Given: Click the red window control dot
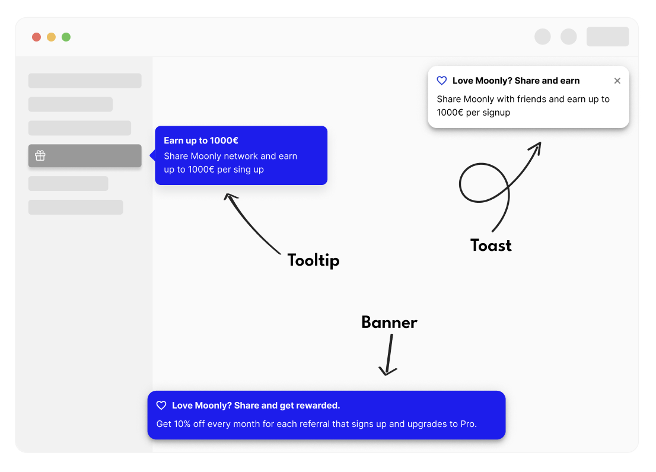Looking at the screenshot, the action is pyautogui.click(x=36, y=37).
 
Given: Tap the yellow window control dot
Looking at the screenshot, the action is pyautogui.click(x=51, y=37).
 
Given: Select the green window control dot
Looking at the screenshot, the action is pyautogui.click(x=66, y=37).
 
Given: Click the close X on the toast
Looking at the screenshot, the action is pyautogui.click(x=617, y=81).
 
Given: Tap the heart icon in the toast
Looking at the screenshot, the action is pyautogui.click(x=442, y=80).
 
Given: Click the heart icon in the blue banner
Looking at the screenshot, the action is pyautogui.click(x=161, y=405).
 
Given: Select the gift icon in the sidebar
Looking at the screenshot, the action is pyautogui.click(x=40, y=155).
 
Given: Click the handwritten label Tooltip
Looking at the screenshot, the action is pyautogui.click(x=313, y=260).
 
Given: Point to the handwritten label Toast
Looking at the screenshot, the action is pyautogui.click(x=491, y=245).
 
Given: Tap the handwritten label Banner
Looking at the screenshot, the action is pyautogui.click(x=389, y=323).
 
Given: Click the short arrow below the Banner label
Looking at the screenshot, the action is pyautogui.click(x=389, y=355).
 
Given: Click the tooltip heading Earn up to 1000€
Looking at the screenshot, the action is pyautogui.click(x=201, y=141).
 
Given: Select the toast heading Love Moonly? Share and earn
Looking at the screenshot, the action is pyautogui.click(x=516, y=81).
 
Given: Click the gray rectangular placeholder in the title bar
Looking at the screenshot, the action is pyautogui.click(x=607, y=37).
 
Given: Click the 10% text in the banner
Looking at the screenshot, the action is pyautogui.click(x=182, y=424).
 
